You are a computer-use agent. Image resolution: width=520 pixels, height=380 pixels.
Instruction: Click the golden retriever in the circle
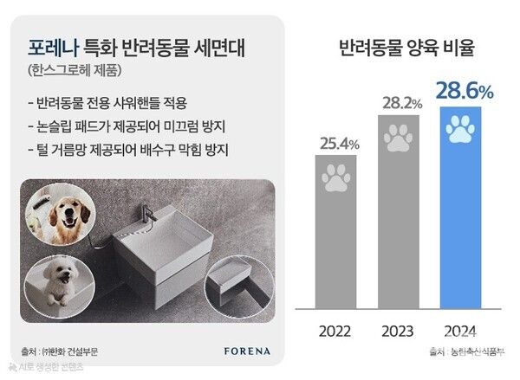(60, 212)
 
